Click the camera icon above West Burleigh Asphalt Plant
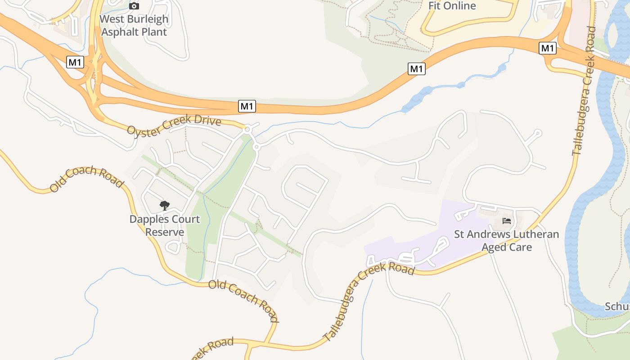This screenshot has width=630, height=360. [x=134, y=6]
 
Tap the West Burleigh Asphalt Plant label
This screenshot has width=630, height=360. [x=134, y=26]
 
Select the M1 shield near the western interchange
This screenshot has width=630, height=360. [x=75, y=62]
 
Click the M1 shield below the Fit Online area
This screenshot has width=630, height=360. [x=416, y=69]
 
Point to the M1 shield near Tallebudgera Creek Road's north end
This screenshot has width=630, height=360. [x=547, y=48]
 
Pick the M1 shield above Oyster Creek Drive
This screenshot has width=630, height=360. [x=247, y=106]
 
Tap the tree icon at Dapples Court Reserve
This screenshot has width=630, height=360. [x=165, y=206]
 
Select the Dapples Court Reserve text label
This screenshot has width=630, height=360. [x=165, y=225]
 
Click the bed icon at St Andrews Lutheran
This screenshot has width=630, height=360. [x=507, y=221]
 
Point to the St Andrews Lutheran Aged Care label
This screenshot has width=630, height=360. [x=507, y=241]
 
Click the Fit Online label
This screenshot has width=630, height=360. [x=452, y=6]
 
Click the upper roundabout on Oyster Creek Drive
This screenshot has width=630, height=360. [x=247, y=130]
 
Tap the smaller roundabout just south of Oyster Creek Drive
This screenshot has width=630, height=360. [x=256, y=147]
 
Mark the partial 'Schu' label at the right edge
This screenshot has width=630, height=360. [x=617, y=306]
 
